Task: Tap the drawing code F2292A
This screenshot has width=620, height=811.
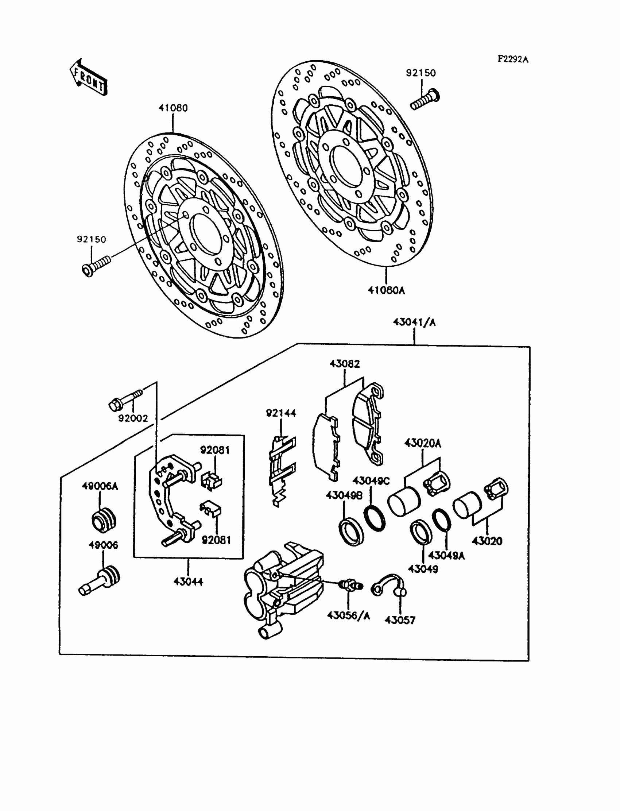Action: [513, 59]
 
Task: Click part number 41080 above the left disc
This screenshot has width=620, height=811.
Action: [173, 108]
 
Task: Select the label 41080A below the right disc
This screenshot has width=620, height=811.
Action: [386, 290]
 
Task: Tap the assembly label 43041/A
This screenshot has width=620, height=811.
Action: [414, 322]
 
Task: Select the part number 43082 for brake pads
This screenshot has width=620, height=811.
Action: [344, 364]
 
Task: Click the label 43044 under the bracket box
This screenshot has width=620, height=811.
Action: [188, 582]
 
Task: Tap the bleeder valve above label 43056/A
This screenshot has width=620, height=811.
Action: [350, 585]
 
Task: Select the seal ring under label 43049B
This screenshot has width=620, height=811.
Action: [351, 532]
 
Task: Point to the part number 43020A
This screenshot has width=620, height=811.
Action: [423, 443]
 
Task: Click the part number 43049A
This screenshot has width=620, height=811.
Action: [446, 556]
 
